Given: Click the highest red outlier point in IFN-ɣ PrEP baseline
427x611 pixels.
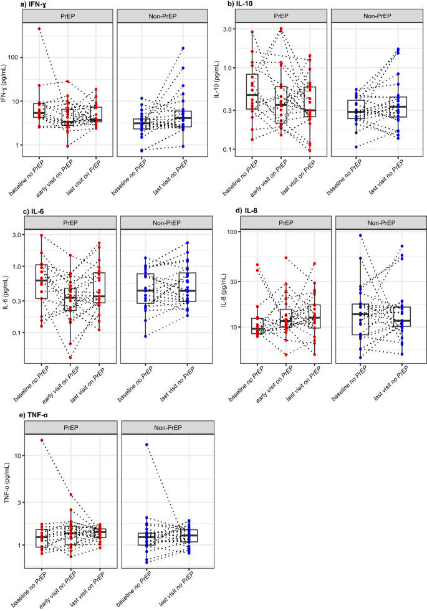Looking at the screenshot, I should click(x=39, y=29).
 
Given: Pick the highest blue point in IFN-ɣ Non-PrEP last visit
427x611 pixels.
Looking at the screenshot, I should click(x=183, y=48).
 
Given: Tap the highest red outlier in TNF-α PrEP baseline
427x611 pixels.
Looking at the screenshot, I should click(x=42, y=440).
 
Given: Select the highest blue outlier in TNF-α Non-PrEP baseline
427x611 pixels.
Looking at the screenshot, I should click(x=147, y=445).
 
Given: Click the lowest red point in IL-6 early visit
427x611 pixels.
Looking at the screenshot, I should click(x=70, y=358).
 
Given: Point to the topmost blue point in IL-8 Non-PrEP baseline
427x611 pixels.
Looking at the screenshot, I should click(x=360, y=235).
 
